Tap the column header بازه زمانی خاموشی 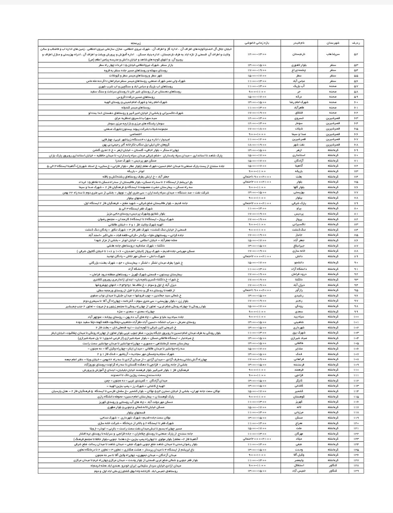coord(257,42)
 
